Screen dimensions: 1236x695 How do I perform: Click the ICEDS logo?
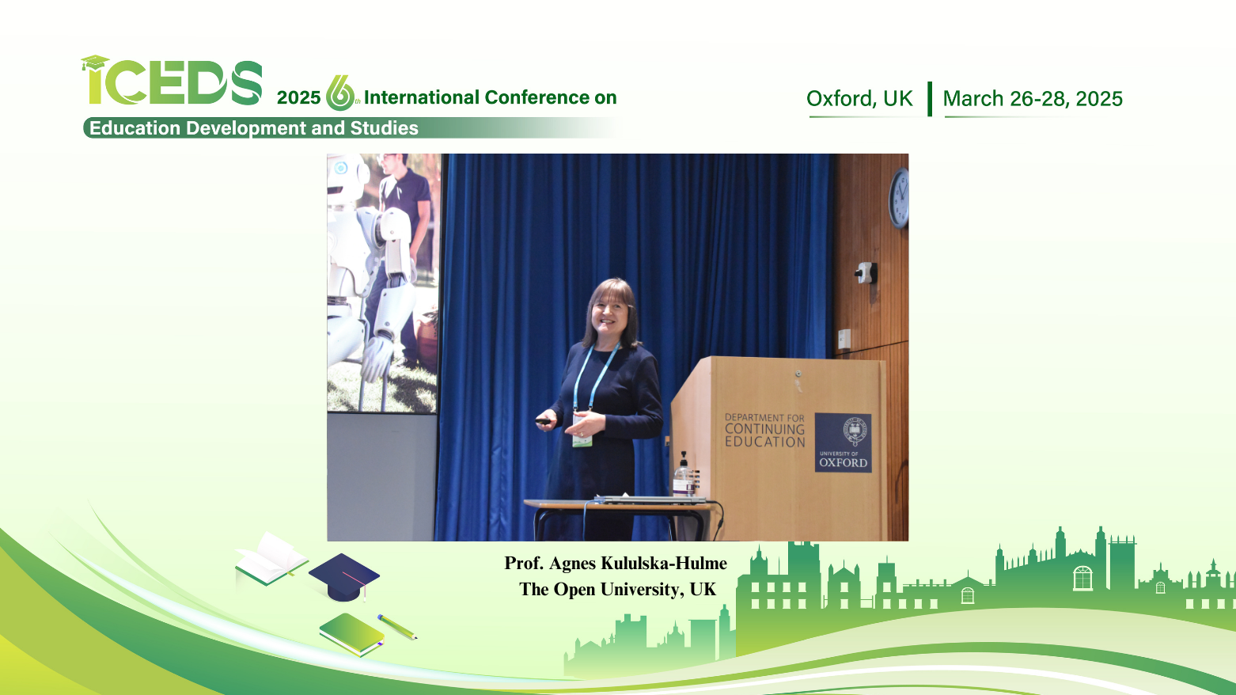coord(172,81)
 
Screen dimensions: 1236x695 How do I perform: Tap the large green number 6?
coord(339,93)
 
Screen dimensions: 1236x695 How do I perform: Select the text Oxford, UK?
coord(859,99)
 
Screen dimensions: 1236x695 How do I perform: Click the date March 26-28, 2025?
coord(1033,99)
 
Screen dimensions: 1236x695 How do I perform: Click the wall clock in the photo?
coord(899,198)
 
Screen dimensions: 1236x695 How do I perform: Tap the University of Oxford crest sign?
coord(844,442)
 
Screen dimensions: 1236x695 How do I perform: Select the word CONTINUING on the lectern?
coord(764,429)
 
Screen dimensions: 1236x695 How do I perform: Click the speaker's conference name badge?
coord(582,431)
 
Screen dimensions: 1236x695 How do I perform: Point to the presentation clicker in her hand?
coord(543,422)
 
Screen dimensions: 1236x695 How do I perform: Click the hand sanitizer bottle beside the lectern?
coord(683,475)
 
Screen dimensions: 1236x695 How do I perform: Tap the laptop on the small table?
coord(650,499)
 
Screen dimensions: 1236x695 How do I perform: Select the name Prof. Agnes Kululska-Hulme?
coord(616,563)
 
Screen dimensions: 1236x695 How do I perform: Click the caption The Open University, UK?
coord(617,590)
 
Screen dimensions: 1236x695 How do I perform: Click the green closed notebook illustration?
coord(352,634)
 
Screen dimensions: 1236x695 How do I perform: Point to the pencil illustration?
coord(397,627)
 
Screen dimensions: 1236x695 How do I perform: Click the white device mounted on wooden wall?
coord(866,273)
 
